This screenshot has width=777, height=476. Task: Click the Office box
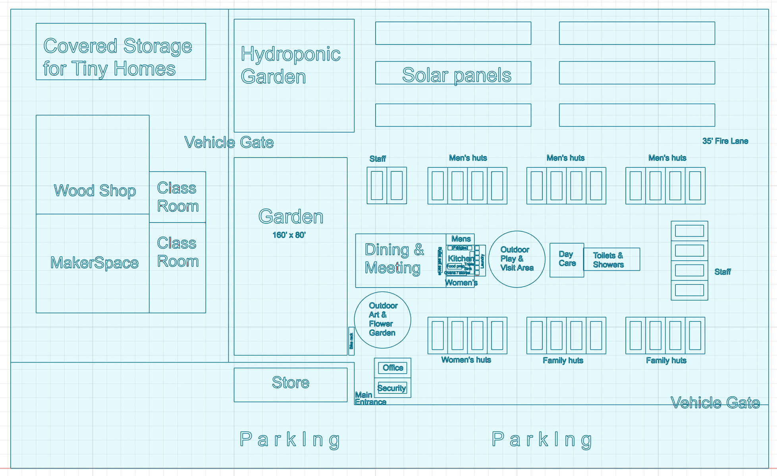(392, 368)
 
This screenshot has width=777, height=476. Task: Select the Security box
(392, 388)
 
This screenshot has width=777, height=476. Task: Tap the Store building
(290, 384)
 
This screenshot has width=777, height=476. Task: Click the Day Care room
(567, 259)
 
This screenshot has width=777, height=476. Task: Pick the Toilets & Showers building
(611, 259)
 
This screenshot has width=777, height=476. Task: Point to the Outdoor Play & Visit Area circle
(517, 259)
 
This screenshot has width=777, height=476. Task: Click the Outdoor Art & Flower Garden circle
(382, 320)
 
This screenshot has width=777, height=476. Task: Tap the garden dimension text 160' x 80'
(289, 235)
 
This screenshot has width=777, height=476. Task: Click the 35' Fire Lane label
(725, 141)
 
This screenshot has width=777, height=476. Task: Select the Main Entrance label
(369, 398)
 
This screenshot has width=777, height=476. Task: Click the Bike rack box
(351, 341)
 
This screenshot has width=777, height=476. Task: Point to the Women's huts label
(466, 360)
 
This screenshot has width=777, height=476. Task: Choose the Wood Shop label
(94, 191)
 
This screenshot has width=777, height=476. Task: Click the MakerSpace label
(94, 263)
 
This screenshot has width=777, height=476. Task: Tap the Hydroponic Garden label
(290, 65)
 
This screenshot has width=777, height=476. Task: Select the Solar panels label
(456, 75)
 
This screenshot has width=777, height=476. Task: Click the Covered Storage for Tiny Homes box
(121, 52)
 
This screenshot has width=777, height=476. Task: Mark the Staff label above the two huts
(377, 159)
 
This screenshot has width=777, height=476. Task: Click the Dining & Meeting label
(394, 259)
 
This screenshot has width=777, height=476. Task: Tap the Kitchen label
(460, 258)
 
